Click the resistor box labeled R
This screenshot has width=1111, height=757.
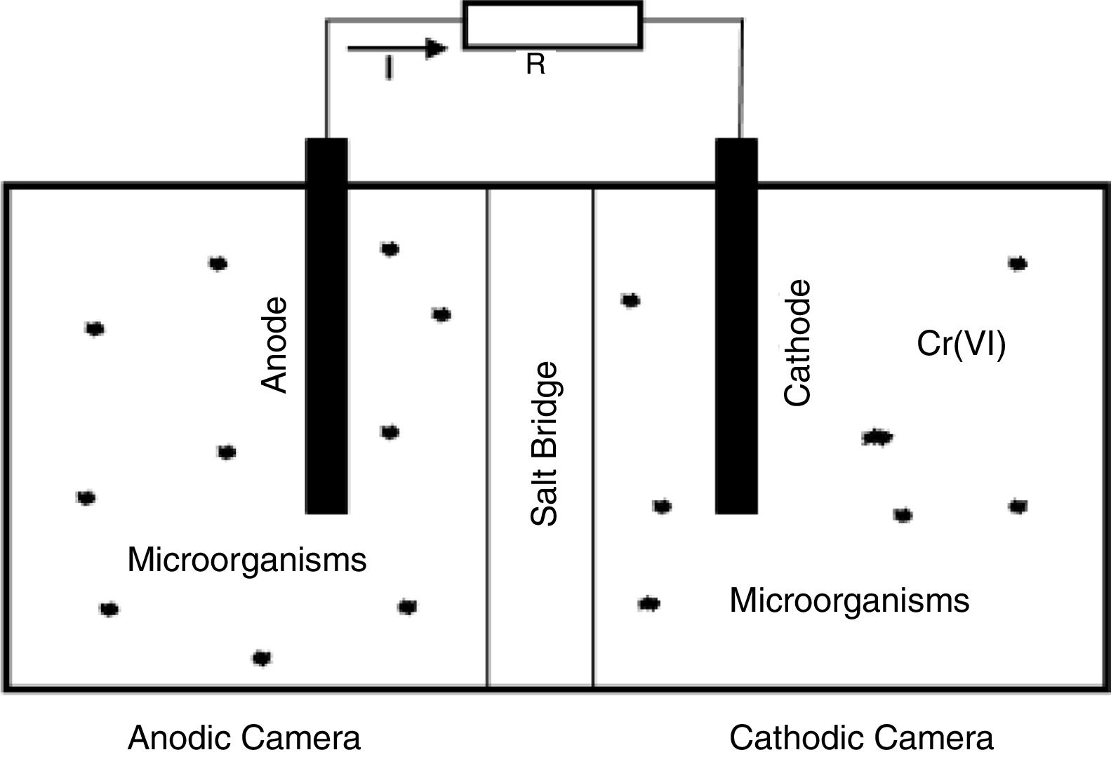pyautogui.click(x=552, y=25)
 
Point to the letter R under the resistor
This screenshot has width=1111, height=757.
pyautogui.click(x=535, y=65)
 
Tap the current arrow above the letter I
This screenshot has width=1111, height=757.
pyautogui.click(x=397, y=48)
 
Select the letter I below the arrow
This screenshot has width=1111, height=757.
pyautogui.click(x=388, y=69)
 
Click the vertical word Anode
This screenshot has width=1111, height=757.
pyautogui.click(x=274, y=344)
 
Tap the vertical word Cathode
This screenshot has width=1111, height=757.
pyautogui.click(x=797, y=343)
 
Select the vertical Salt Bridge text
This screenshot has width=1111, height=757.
pyautogui.click(x=545, y=443)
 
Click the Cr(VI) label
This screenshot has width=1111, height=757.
pyautogui.click(x=962, y=344)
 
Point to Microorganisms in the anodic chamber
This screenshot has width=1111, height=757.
pyautogui.click(x=247, y=561)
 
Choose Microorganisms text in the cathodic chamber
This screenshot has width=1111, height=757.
pyautogui.click(x=849, y=601)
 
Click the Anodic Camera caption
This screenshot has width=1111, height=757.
pyautogui.click(x=244, y=738)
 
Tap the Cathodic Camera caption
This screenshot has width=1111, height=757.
pyautogui.click(x=861, y=738)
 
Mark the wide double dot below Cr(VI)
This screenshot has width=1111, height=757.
pyautogui.click(x=877, y=438)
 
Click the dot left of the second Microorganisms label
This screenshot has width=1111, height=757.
pyautogui.click(x=649, y=603)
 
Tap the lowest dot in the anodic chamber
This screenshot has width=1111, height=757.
pyautogui.click(x=262, y=658)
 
